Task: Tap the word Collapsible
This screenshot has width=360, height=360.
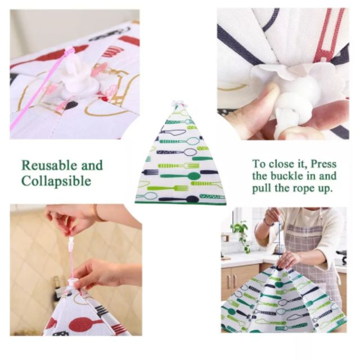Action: pyautogui.click(x=56, y=181)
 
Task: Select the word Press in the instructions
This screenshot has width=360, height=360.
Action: pyautogui.click(x=323, y=164)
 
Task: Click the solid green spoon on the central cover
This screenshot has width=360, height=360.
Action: pyautogui.click(x=181, y=176)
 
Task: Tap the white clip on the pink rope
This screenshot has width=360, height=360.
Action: pyautogui.click(x=71, y=242)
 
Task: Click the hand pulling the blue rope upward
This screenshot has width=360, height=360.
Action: pyautogui.click(x=272, y=216)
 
